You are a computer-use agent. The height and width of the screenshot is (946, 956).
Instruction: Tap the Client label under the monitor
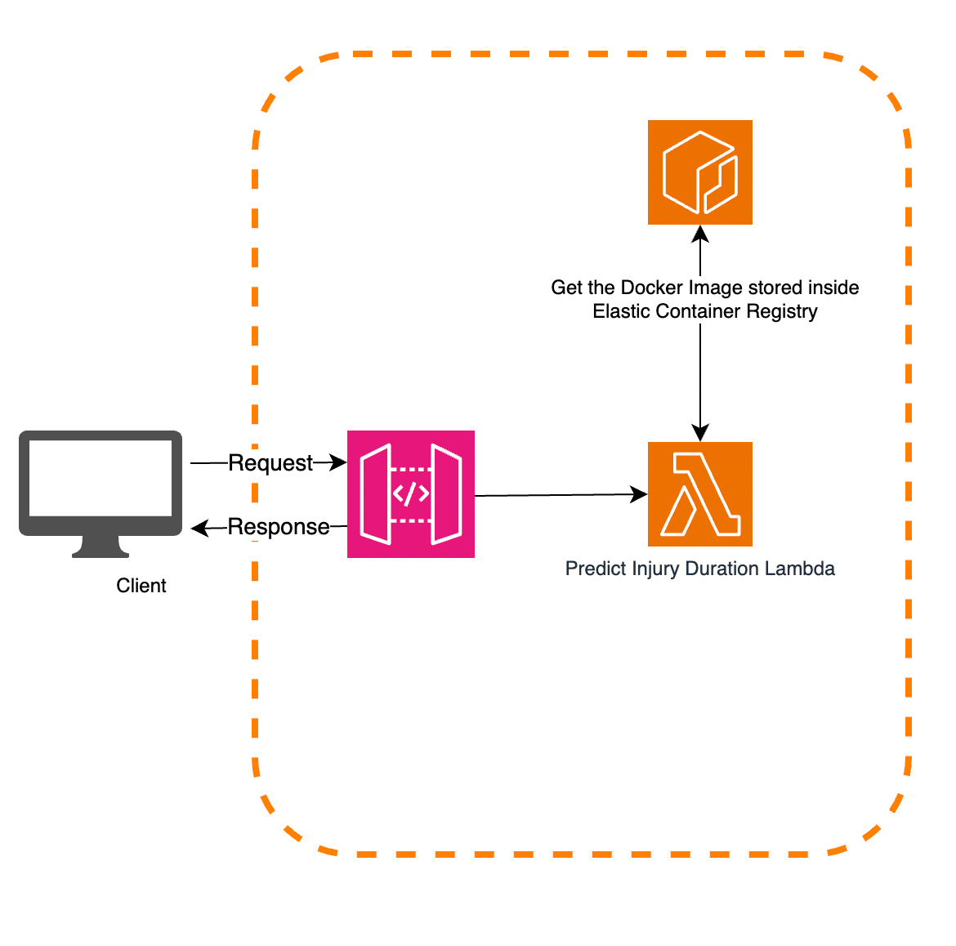coord(141,586)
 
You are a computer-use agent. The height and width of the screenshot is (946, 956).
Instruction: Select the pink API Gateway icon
coord(411,494)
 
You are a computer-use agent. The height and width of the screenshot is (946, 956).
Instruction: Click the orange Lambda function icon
coord(700,494)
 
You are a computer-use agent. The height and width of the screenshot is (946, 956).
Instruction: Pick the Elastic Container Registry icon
coord(700,172)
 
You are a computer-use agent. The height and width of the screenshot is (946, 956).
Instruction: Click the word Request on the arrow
coord(270,463)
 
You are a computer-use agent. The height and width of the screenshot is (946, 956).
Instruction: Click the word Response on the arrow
coord(279,527)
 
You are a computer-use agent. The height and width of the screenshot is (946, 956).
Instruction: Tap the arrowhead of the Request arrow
coord(339,463)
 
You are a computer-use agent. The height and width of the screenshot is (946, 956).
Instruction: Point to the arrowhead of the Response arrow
coord(199,529)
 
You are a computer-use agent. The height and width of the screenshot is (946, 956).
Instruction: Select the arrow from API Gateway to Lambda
coord(556,495)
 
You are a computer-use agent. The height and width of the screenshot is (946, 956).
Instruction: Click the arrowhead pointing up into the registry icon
coord(700,234)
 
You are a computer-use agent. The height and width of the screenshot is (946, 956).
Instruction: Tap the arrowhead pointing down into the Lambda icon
coord(700,433)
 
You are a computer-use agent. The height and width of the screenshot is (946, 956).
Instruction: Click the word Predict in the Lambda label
coord(592,569)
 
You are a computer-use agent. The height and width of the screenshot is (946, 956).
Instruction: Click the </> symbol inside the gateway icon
coord(411,494)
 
